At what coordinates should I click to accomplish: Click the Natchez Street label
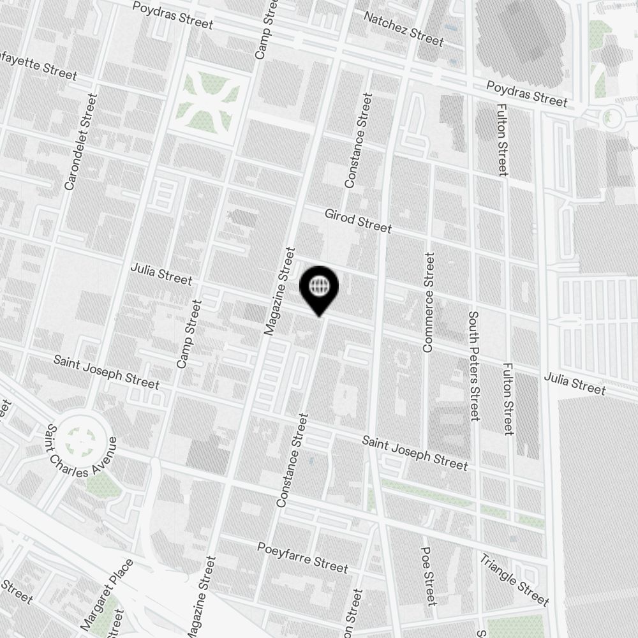(x=403, y=28)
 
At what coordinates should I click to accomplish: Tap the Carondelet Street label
(x=80, y=142)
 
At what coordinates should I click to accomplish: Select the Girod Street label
(x=358, y=221)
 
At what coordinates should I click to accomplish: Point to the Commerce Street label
(x=428, y=302)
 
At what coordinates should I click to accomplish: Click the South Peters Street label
(x=473, y=366)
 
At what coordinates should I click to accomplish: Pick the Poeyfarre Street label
(x=302, y=557)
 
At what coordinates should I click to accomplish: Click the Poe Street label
(x=429, y=575)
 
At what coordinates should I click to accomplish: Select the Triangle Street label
(x=514, y=580)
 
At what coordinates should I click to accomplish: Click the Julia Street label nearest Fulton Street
(x=575, y=383)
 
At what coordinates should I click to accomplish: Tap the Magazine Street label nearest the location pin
(x=279, y=291)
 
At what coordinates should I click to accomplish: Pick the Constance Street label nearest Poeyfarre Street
(x=292, y=460)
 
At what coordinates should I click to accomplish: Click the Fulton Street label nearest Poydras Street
(x=501, y=139)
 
